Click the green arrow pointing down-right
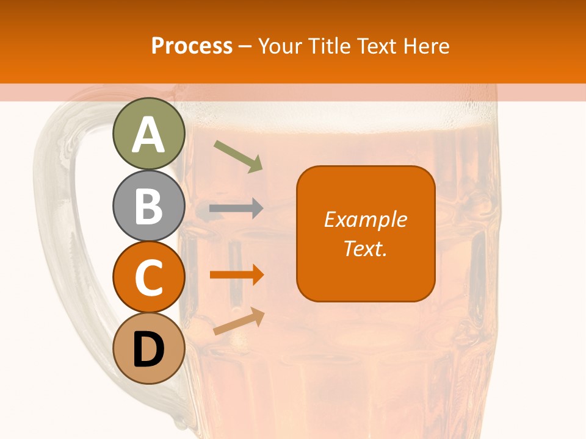point(238,156)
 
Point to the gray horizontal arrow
point(236,209)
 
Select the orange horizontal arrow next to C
point(236,275)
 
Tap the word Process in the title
point(192,46)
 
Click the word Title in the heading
point(330,46)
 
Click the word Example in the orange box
point(366,220)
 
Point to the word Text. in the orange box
point(366,248)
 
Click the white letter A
point(149,135)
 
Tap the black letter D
point(149,350)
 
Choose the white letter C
point(149,278)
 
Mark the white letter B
point(149,206)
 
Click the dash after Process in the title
point(245,46)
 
